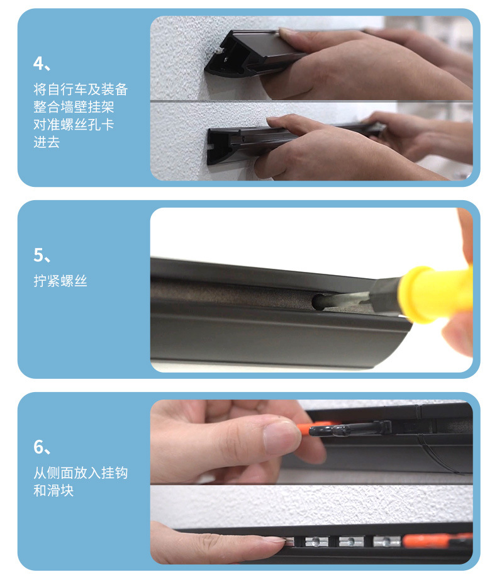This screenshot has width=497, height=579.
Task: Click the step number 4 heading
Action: pos(42,64)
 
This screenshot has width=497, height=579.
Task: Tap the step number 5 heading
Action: pos(42,255)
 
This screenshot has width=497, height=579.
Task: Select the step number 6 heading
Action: pos(42,447)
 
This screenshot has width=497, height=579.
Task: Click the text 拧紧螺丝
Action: pos(60,281)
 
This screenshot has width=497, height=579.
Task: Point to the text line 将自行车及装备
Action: pos(81,89)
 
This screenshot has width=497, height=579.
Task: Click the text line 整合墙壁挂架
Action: pos(74,107)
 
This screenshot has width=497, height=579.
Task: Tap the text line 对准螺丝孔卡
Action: pos(74,125)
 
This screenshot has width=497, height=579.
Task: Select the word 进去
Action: pos(47,142)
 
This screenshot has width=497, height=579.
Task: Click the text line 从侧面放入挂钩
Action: pos(81,473)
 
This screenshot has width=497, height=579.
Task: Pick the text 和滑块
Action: pos(53,491)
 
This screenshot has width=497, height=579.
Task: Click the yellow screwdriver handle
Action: pos(436,293)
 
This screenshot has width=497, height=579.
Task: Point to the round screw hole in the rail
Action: pos(320,301)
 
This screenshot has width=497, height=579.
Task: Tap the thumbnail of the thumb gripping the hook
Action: pos(281,437)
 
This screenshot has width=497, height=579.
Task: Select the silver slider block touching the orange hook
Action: pos(387,542)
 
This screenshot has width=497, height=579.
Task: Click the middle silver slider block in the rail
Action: pos(351,542)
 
